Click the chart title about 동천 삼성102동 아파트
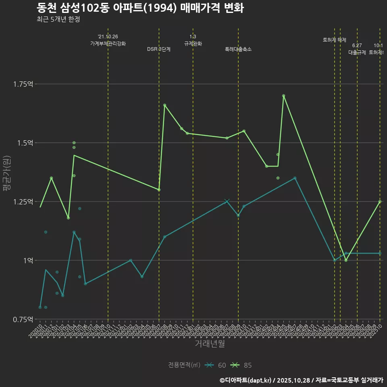click(x=140, y=8)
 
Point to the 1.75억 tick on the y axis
click(x=24, y=84)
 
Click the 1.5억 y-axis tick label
click(x=25, y=143)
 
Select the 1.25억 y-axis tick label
click(x=24, y=202)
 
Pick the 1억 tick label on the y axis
click(x=28, y=260)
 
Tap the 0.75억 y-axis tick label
click(x=24, y=319)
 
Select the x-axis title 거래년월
click(x=210, y=343)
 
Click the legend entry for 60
click(x=216, y=365)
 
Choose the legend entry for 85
click(x=242, y=365)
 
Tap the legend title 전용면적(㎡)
click(x=184, y=365)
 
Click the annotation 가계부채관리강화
click(x=108, y=44)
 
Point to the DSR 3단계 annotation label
click(x=159, y=49)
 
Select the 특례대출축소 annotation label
click(x=238, y=49)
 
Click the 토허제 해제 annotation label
click(x=335, y=40)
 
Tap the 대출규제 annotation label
click(x=357, y=52)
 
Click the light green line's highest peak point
click(x=284, y=96)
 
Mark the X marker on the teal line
click(x=227, y=201)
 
